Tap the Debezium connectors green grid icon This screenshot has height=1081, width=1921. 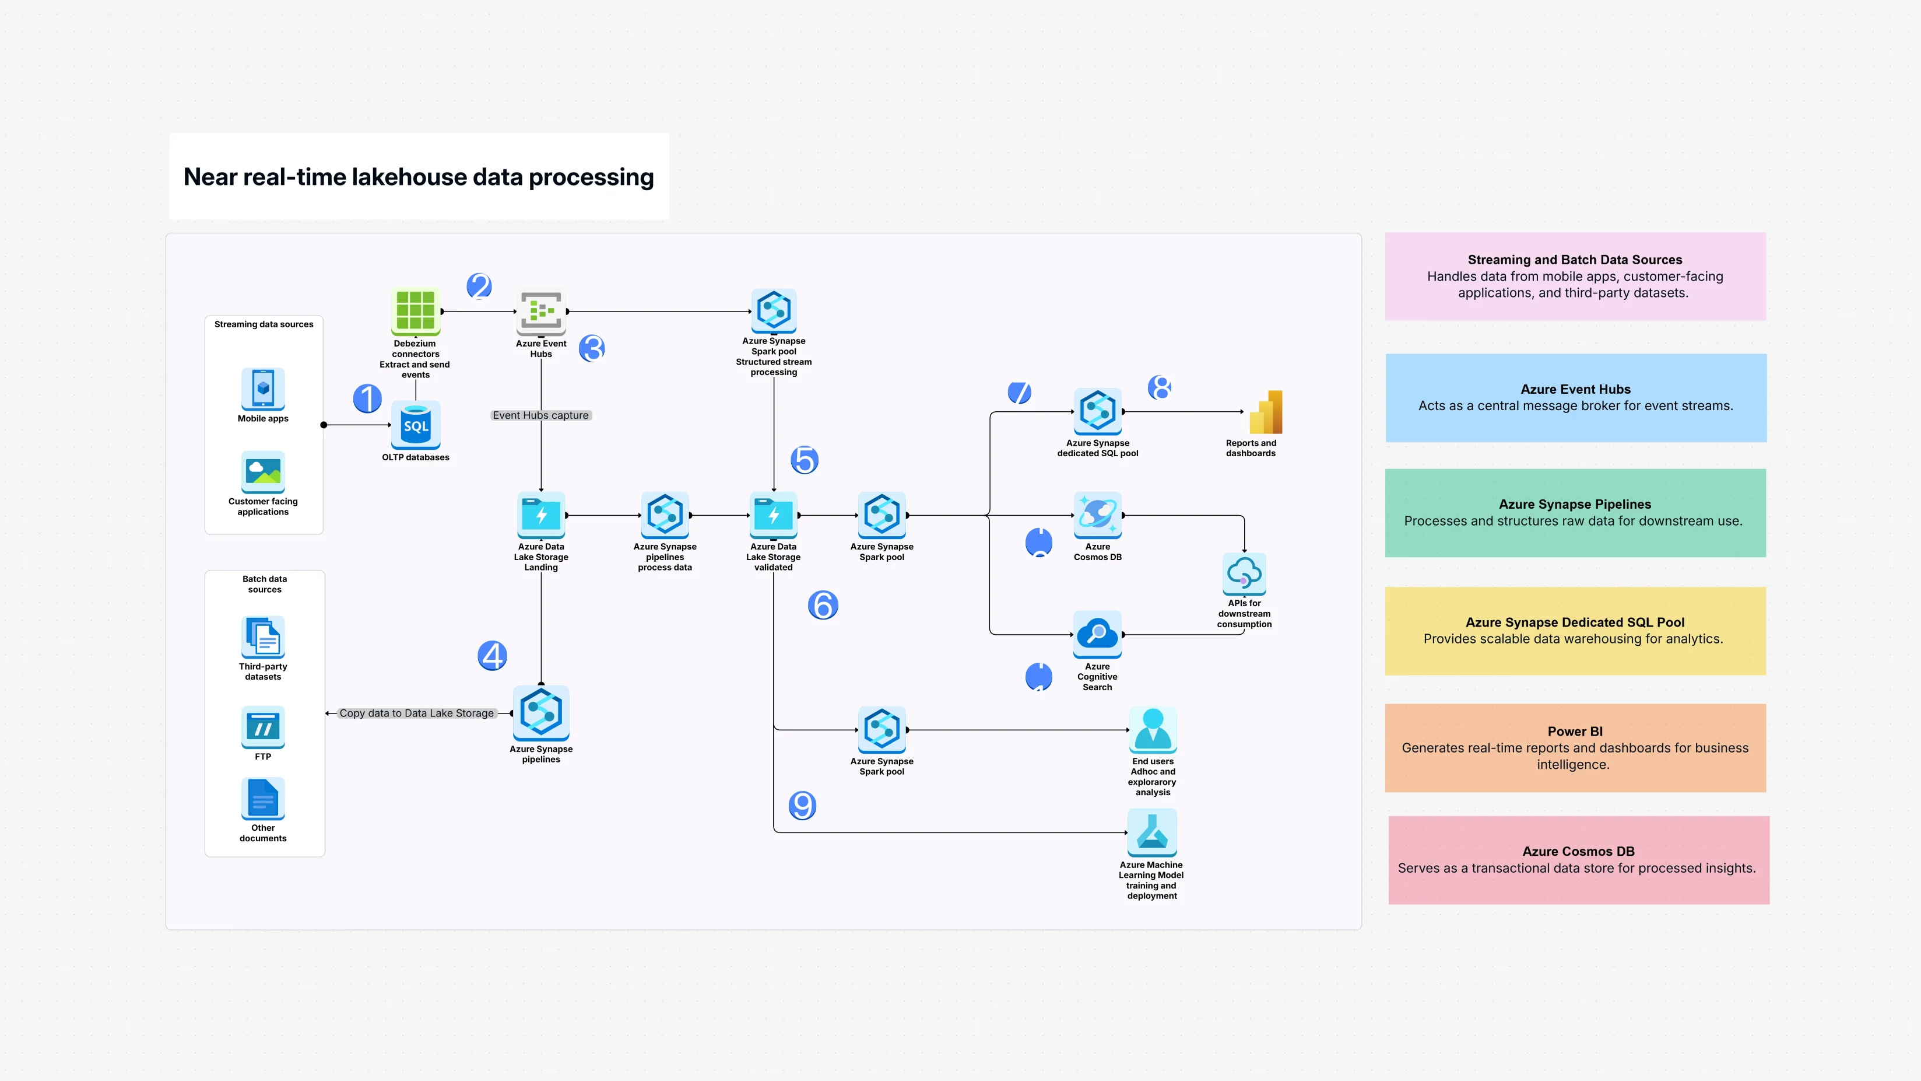415,310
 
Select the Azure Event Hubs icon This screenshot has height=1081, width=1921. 540,311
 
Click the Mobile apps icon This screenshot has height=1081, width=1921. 262,388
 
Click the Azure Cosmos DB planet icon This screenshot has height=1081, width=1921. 1097,515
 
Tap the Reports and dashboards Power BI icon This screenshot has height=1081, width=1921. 1266,412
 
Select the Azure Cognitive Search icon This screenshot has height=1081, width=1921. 1097,634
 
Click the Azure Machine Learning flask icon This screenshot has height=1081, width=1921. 1151,832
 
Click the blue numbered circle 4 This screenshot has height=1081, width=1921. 492,656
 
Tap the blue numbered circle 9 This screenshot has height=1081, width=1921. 802,805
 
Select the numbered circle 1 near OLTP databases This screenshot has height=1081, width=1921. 367,398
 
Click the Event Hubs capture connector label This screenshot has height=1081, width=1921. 540,415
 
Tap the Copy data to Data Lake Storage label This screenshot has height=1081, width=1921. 416,713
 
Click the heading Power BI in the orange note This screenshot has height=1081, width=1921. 1574,731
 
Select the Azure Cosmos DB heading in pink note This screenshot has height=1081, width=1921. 1578,851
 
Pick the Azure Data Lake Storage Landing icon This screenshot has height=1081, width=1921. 540,515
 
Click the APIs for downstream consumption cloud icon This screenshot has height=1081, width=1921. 1244,573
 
